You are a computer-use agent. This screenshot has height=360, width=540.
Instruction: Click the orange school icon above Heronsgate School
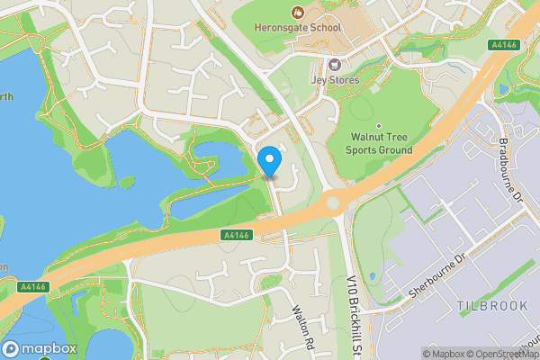tap(297, 12)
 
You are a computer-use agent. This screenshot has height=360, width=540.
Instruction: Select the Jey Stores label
tap(335, 80)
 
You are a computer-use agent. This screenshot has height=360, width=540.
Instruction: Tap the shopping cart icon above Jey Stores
tap(335, 65)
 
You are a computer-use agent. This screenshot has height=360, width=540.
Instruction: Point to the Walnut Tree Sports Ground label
tap(379, 143)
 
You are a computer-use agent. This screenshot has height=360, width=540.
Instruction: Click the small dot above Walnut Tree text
tap(379, 126)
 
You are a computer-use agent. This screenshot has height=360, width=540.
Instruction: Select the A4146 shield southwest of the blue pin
tap(234, 235)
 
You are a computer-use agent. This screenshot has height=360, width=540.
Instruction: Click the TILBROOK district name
tap(491, 306)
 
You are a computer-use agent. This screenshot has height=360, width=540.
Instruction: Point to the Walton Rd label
tap(301, 324)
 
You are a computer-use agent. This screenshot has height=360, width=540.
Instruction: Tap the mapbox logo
tap(40, 349)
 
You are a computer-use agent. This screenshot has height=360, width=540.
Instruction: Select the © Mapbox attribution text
tap(443, 353)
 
